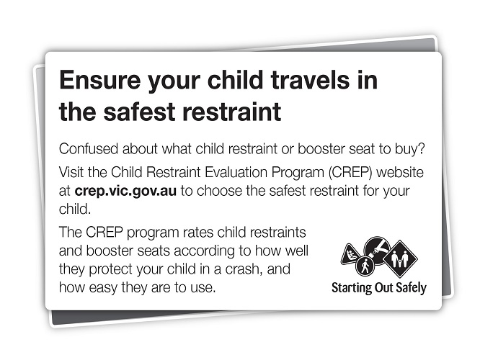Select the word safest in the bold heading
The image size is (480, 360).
click(x=141, y=112)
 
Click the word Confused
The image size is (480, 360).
click(x=89, y=149)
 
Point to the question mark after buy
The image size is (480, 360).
click(x=422, y=148)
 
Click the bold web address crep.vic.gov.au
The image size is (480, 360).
click(x=125, y=192)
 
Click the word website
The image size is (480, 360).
click(x=400, y=172)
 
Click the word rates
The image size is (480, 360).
click(x=198, y=233)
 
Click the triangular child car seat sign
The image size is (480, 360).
click(x=352, y=254)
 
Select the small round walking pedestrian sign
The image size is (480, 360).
click(x=365, y=266)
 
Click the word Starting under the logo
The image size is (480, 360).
click(x=352, y=288)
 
